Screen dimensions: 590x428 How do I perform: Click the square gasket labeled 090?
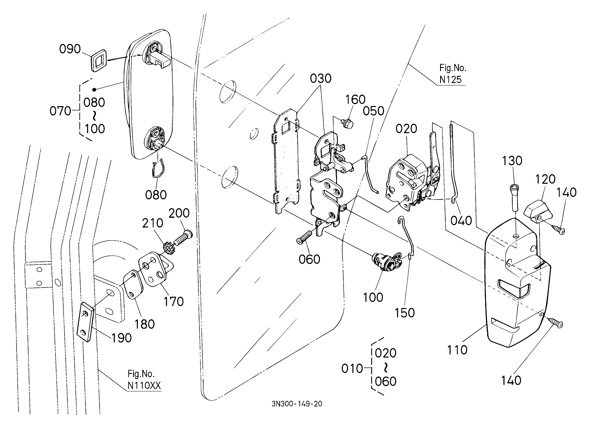coord(99,60)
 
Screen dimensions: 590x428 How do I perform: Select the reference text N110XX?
coord(144,386)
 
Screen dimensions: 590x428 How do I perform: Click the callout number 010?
coord(352,369)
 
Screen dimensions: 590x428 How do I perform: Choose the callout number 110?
coord(457,350)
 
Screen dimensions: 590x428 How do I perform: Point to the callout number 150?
coord(405,313)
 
